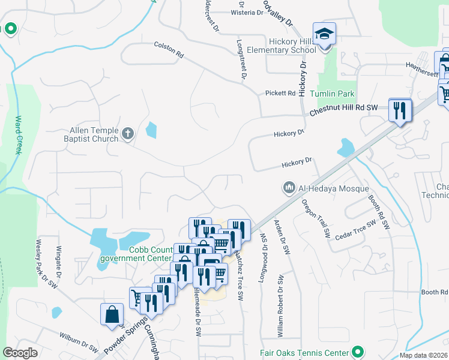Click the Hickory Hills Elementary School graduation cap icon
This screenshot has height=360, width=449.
pyautogui.click(x=324, y=34)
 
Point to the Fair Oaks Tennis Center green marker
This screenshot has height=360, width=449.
pyautogui.click(x=358, y=352)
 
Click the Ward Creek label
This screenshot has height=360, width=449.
pyautogui.click(x=18, y=135)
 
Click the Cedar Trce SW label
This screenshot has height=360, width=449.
pyautogui.click(x=355, y=227)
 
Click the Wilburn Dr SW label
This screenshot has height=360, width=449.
pyautogui.click(x=78, y=342)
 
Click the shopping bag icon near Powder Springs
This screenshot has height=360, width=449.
pyautogui.click(x=112, y=314)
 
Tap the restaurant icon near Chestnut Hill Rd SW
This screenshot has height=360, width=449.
pyautogui.click(x=400, y=110)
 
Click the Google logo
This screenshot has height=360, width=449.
pyautogui.click(x=21, y=353)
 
